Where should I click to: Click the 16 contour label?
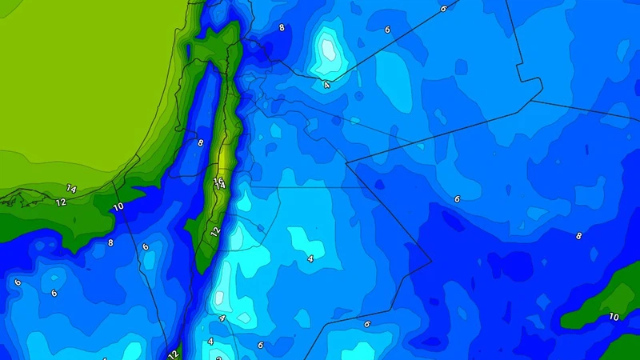click(x=218, y=181)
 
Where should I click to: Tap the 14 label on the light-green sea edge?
click(x=71, y=189)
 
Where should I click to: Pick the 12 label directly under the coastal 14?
click(x=61, y=202)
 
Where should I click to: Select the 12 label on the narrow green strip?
click(x=214, y=231)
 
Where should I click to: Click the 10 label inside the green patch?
click(x=614, y=317)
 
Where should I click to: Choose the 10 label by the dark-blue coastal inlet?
click(x=118, y=207)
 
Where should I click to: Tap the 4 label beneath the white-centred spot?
click(x=326, y=83)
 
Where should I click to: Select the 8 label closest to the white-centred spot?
click(x=281, y=28)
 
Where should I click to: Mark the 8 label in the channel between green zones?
click(x=200, y=143)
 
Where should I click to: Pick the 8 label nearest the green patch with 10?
click(x=578, y=236)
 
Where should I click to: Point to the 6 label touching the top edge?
click(x=443, y=8)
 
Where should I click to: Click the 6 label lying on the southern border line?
click(x=366, y=324)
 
